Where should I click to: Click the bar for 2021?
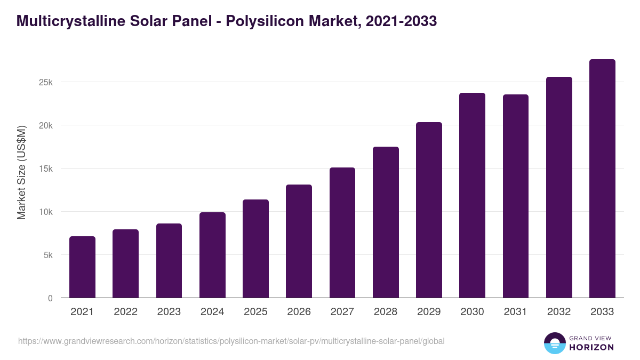[82, 267]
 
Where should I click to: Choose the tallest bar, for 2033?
[602, 179]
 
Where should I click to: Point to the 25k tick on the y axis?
[45, 83]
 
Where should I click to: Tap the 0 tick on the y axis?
[50, 299]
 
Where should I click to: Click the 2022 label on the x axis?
[125, 312]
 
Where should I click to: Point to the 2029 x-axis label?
[429, 312]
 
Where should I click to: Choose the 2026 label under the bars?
[299, 312]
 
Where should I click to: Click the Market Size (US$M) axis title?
[22, 173]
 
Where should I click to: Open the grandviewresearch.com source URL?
[231, 341]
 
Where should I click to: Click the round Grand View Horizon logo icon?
[554, 343]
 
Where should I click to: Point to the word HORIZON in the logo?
[591, 347]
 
